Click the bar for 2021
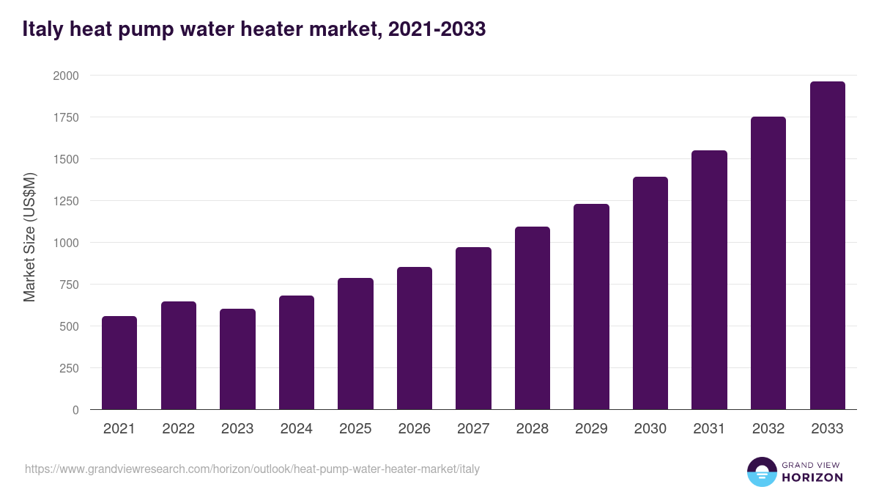pyautogui.click(x=119, y=363)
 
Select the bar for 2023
pyautogui.click(x=237, y=359)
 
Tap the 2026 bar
pyautogui.click(x=415, y=338)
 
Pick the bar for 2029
pyautogui.click(x=591, y=307)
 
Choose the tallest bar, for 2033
pyautogui.click(x=827, y=246)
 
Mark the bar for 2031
pyautogui.click(x=709, y=280)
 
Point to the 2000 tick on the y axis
pyautogui.click(x=68, y=76)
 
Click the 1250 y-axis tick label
pyautogui.click(x=68, y=201)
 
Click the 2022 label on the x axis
pyautogui.click(x=178, y=429)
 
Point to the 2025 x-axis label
pyautogui.click(x=355, y=429)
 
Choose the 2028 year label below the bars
pyautogui.click(x=532, y=429)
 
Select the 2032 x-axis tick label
pyautogui.click(x=768, y=429)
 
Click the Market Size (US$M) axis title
pyautogui.click(x=29, y=237)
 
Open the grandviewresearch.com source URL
pyautogui.click(x=252, y=469)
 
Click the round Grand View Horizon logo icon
pyautogui.click(x=761, y=472)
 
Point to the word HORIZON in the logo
pyautogui.click(x=812, y=477)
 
